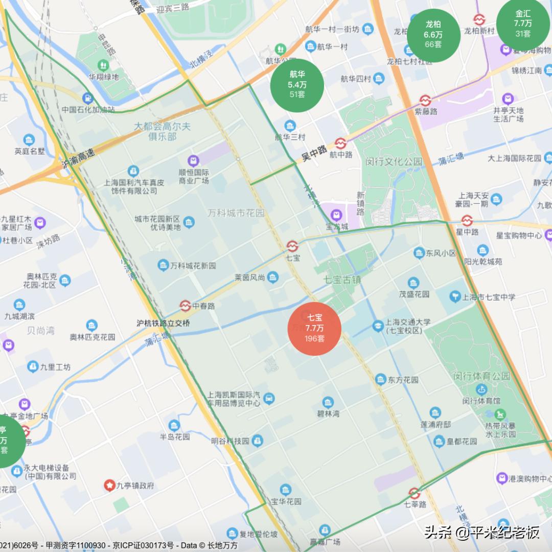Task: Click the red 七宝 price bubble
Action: click(314, 328)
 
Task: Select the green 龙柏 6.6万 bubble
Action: click(433, 34)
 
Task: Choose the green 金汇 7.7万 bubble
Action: click(523, 24)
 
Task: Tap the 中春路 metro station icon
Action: click(185, 306)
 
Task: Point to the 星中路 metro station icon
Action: click(466, 220)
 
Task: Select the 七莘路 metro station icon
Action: click(414, 493)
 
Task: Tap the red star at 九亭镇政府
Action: click(109, 485)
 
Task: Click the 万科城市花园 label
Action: click(236, 213)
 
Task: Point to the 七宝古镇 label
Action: click(342, 280)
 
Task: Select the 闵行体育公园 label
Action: click(481, 376)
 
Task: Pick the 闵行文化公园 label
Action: click(394, 162)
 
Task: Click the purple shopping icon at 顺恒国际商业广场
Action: click(193, 160)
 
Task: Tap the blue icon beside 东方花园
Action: click(380, 379)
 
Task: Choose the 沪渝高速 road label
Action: click(78, 159)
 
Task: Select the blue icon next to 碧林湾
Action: click(328, 402)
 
